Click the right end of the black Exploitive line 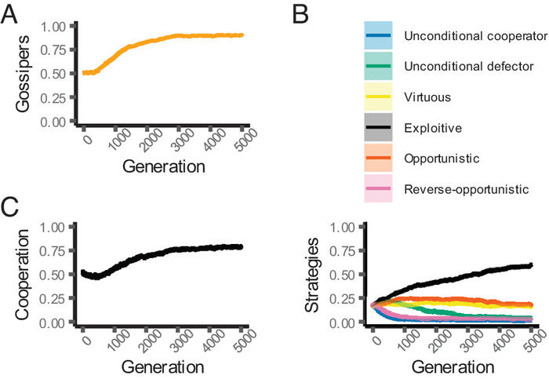(x=532, y=265)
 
